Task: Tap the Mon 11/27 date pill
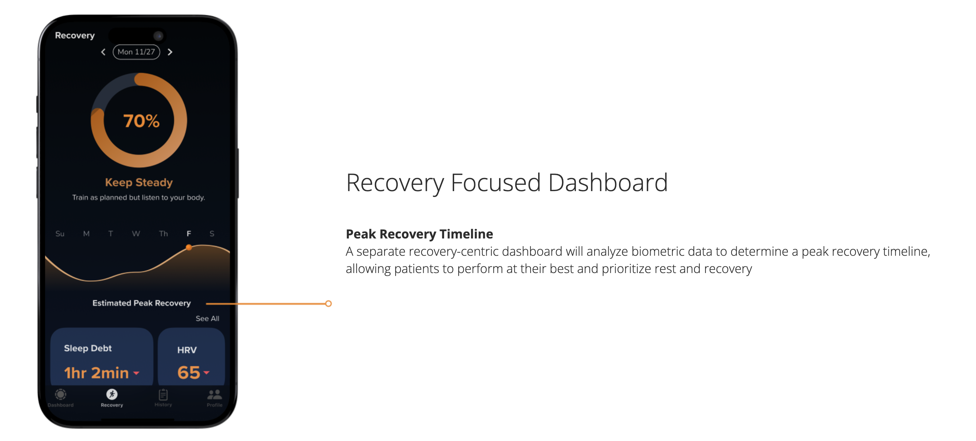click(x=136, y=52)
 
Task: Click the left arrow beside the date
click(x=103, y=52)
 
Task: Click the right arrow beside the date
click(x=170, y=52)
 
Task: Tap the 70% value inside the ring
click(x=141, y=121)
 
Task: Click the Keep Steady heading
click(x=139, y=182)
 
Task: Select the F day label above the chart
click(x=189, y=234)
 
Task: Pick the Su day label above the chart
click(x=60, y=234)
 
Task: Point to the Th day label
click(x=163, y=234)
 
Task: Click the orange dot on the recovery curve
click(x=189, y=247)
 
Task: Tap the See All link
click(x=207, y=318)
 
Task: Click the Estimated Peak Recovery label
click(x=141, y=303)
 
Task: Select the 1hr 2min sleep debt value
click(x=96, y=373)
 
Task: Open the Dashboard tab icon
click(x=60, y=394)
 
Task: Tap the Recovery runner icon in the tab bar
click(x=112, y=394)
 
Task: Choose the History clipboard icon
click(x=163, y=394)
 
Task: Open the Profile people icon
click(x=214, y=394)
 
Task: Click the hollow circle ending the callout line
click(x=329, y=303)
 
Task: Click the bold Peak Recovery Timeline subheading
click(x=420, y=234)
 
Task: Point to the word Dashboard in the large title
click(x=608, y=182)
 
